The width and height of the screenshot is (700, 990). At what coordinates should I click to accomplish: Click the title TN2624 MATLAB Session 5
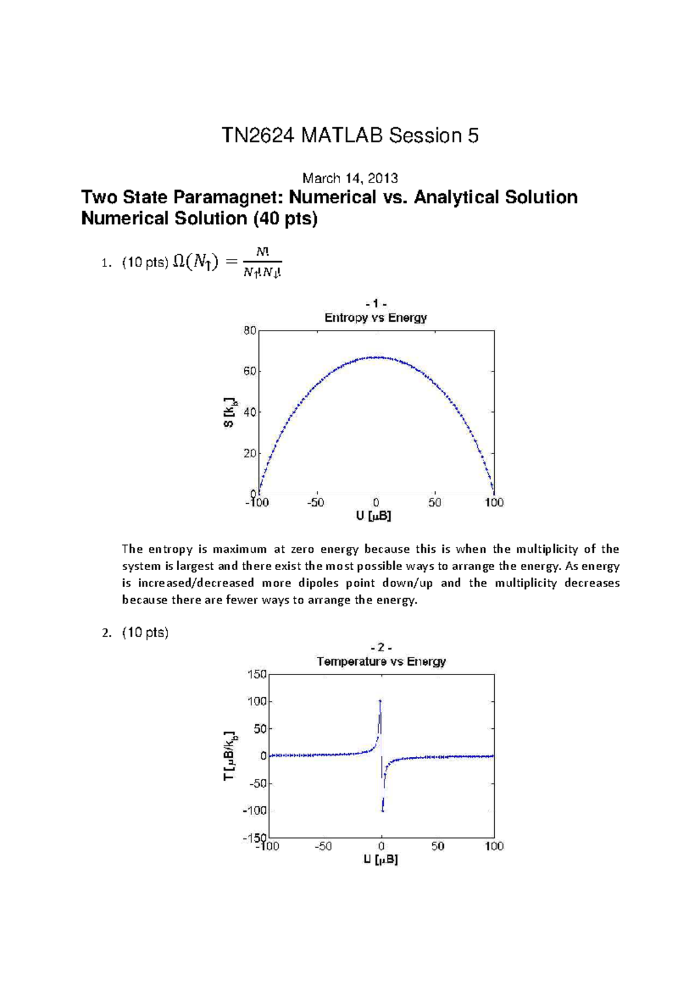click(x=350, y=136)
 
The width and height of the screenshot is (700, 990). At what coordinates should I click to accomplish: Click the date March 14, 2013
click(x=350, y=178)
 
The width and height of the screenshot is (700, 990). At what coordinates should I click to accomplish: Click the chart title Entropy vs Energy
click(x=376, y=318)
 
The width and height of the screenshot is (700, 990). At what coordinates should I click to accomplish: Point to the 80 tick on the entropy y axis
click(x=250, y=331)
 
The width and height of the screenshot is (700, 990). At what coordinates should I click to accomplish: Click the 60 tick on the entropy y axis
click(x=250, y=371)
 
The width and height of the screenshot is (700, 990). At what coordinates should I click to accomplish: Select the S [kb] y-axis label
click(x=230, y=412)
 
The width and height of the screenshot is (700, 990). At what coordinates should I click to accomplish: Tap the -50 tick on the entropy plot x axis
click(x=316, y=503)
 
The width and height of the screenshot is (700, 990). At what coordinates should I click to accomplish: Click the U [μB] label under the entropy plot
click(x=374, y=516)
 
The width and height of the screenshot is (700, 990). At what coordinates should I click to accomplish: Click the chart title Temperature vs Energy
click(x=381, y=662)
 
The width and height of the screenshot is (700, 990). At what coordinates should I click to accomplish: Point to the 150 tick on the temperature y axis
click(x=257, y=675)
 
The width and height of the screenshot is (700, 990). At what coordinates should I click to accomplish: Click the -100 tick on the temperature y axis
click(x=255, y=810)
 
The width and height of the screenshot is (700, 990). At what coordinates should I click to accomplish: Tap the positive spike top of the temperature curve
click(x=380, y=700)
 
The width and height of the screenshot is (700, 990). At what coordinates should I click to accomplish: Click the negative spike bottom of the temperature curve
click(x=383, y=811)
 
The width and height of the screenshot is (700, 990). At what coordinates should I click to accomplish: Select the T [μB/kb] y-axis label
click(x=230, y=756)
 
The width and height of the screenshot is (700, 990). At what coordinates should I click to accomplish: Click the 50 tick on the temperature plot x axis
click(x=437, y=847)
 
